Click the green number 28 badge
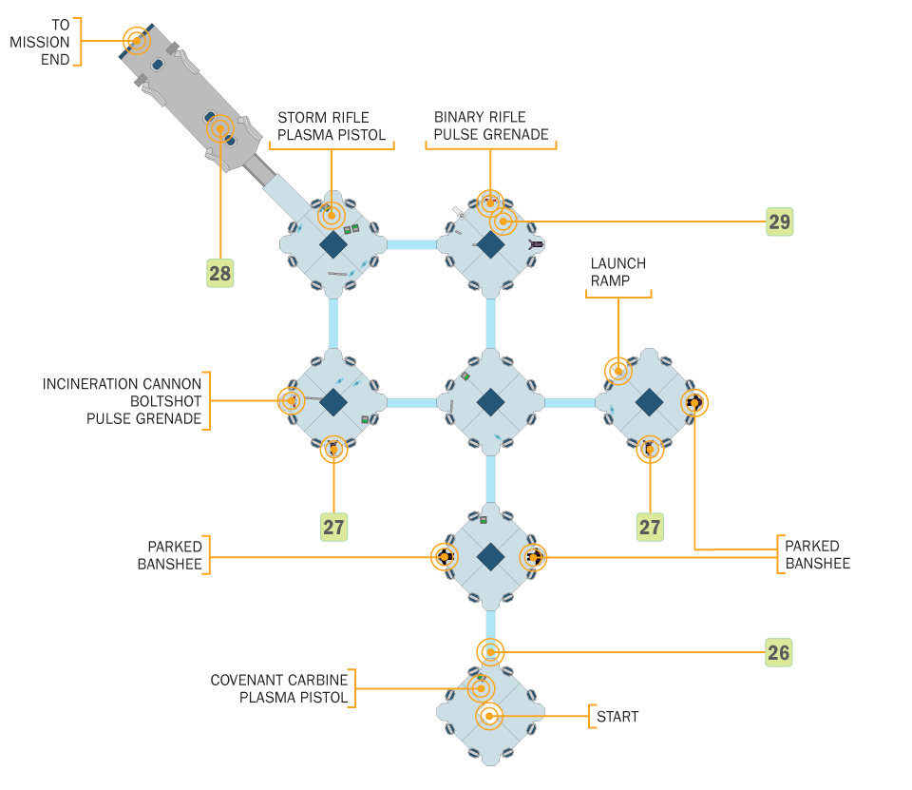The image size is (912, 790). coord(219,273)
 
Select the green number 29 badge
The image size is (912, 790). coord(779,222)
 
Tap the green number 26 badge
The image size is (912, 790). coord(779,652)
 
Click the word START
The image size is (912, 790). coord(617,717)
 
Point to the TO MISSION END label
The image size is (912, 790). coord(40,42)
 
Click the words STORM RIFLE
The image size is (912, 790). coord(323,118)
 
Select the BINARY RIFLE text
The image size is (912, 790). coord(480,117)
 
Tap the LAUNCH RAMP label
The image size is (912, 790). coord(617,272)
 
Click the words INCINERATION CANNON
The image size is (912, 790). coord(122,384)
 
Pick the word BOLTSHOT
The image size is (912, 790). coord(165,402)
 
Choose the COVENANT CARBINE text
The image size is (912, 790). coord(279,680)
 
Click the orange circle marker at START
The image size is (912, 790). coord(489,716)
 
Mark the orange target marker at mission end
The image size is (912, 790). coord(137,41)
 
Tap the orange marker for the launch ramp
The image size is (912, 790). coord(618,371)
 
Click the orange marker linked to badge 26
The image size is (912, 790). coord(490,652)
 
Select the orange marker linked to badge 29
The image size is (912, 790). coord(503,222)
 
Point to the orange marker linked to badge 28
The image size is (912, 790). coord(220,128)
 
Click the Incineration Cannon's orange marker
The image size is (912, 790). coord(292,400)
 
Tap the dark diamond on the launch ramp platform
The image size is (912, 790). coord(649,402)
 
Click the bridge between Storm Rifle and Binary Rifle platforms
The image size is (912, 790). coord(411,244)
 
